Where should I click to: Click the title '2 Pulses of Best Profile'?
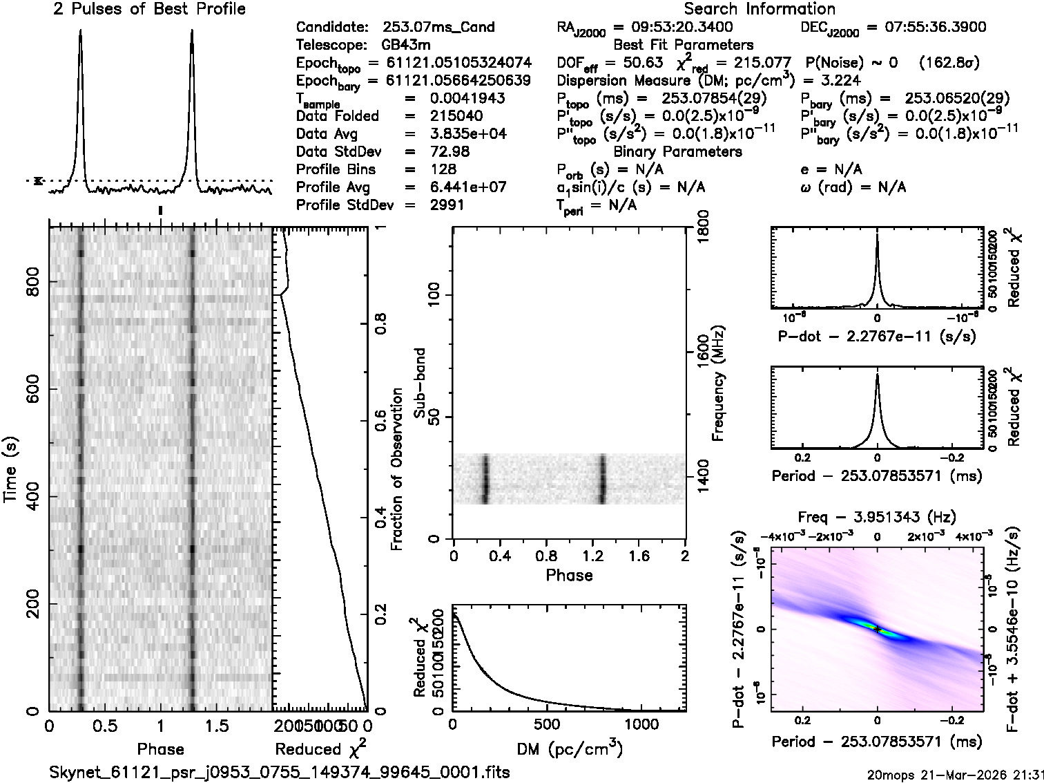pos(149,9)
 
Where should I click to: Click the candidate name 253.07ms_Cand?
pos(438,27)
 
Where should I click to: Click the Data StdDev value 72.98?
pos(449,151)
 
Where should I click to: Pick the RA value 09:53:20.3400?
pos(673,27)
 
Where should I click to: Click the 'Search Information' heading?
pos(760,9)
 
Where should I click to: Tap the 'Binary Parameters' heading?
pos(677,151)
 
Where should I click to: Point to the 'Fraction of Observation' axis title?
pos(397,469)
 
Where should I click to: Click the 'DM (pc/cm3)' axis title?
pos(570,748)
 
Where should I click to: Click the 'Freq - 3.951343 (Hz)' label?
pos(877,517)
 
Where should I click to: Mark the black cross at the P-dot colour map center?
pos(877,630)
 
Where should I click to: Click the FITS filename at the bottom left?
pos(280,772)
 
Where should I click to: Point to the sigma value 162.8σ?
pos(949,63)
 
